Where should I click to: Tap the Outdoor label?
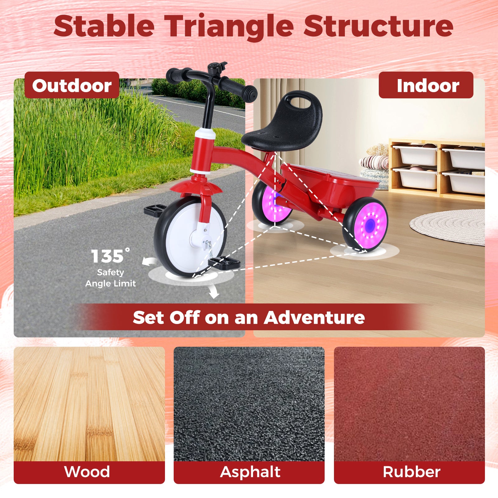coord(72,85)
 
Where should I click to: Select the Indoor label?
coord(426,85)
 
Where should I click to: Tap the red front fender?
coord(196,188)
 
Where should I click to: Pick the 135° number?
coord(110,256)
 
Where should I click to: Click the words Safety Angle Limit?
coord(110,278)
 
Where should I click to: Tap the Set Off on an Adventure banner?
coord(249,317)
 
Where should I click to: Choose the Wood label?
coord(87,472)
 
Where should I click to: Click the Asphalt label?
coord(250,472)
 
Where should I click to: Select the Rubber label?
coord(411,472)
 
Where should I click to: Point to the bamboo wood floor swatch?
coord(89,404)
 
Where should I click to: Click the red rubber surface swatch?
coord(409,404)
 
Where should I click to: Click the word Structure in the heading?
coord(378,26)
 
